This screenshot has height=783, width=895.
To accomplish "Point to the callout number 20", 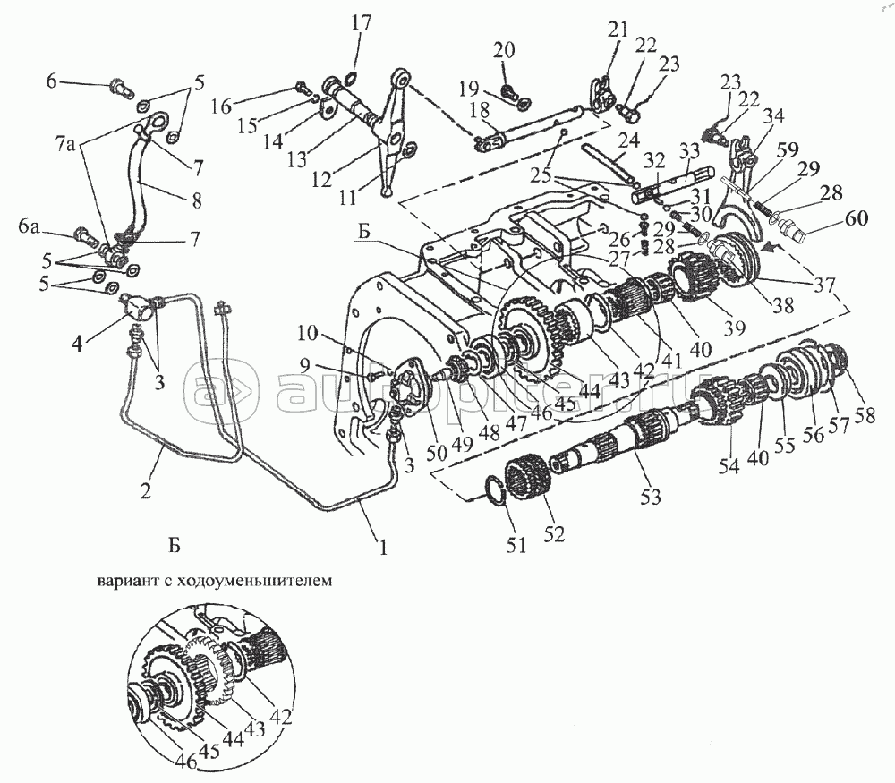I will (505, 50).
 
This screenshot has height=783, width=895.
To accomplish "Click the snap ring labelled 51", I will (495, 489).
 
